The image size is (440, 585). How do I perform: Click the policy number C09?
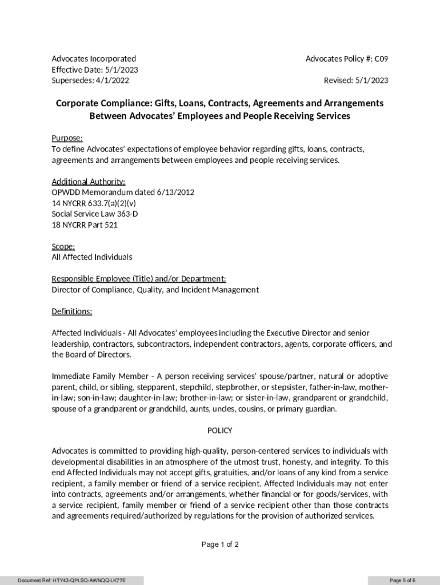(x=382, y=59)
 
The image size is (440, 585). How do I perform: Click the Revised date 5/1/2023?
(x=371, y=81)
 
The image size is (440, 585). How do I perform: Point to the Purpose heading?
(x=67, y=138)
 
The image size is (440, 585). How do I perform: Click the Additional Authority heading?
(x=89, y=182)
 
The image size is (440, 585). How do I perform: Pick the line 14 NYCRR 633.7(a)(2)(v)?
(x=94, y=203)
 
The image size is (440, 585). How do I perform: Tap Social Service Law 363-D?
(x=95, y=214)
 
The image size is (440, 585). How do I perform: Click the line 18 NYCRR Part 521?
(x=85, y=225)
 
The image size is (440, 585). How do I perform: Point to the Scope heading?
(x=63, y=247)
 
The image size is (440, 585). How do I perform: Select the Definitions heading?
(x=72, y=311)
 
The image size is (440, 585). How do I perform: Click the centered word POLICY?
(x=219, y=431)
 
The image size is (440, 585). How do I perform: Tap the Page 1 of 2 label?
(x=220, y=544)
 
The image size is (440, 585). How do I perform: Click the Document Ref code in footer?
(x=71, y=580)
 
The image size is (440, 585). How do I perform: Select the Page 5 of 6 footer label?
(x=402, y=580)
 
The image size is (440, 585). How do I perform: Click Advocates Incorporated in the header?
(x=94, y=59)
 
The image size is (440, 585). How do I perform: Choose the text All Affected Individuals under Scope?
(x=92, y=257)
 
